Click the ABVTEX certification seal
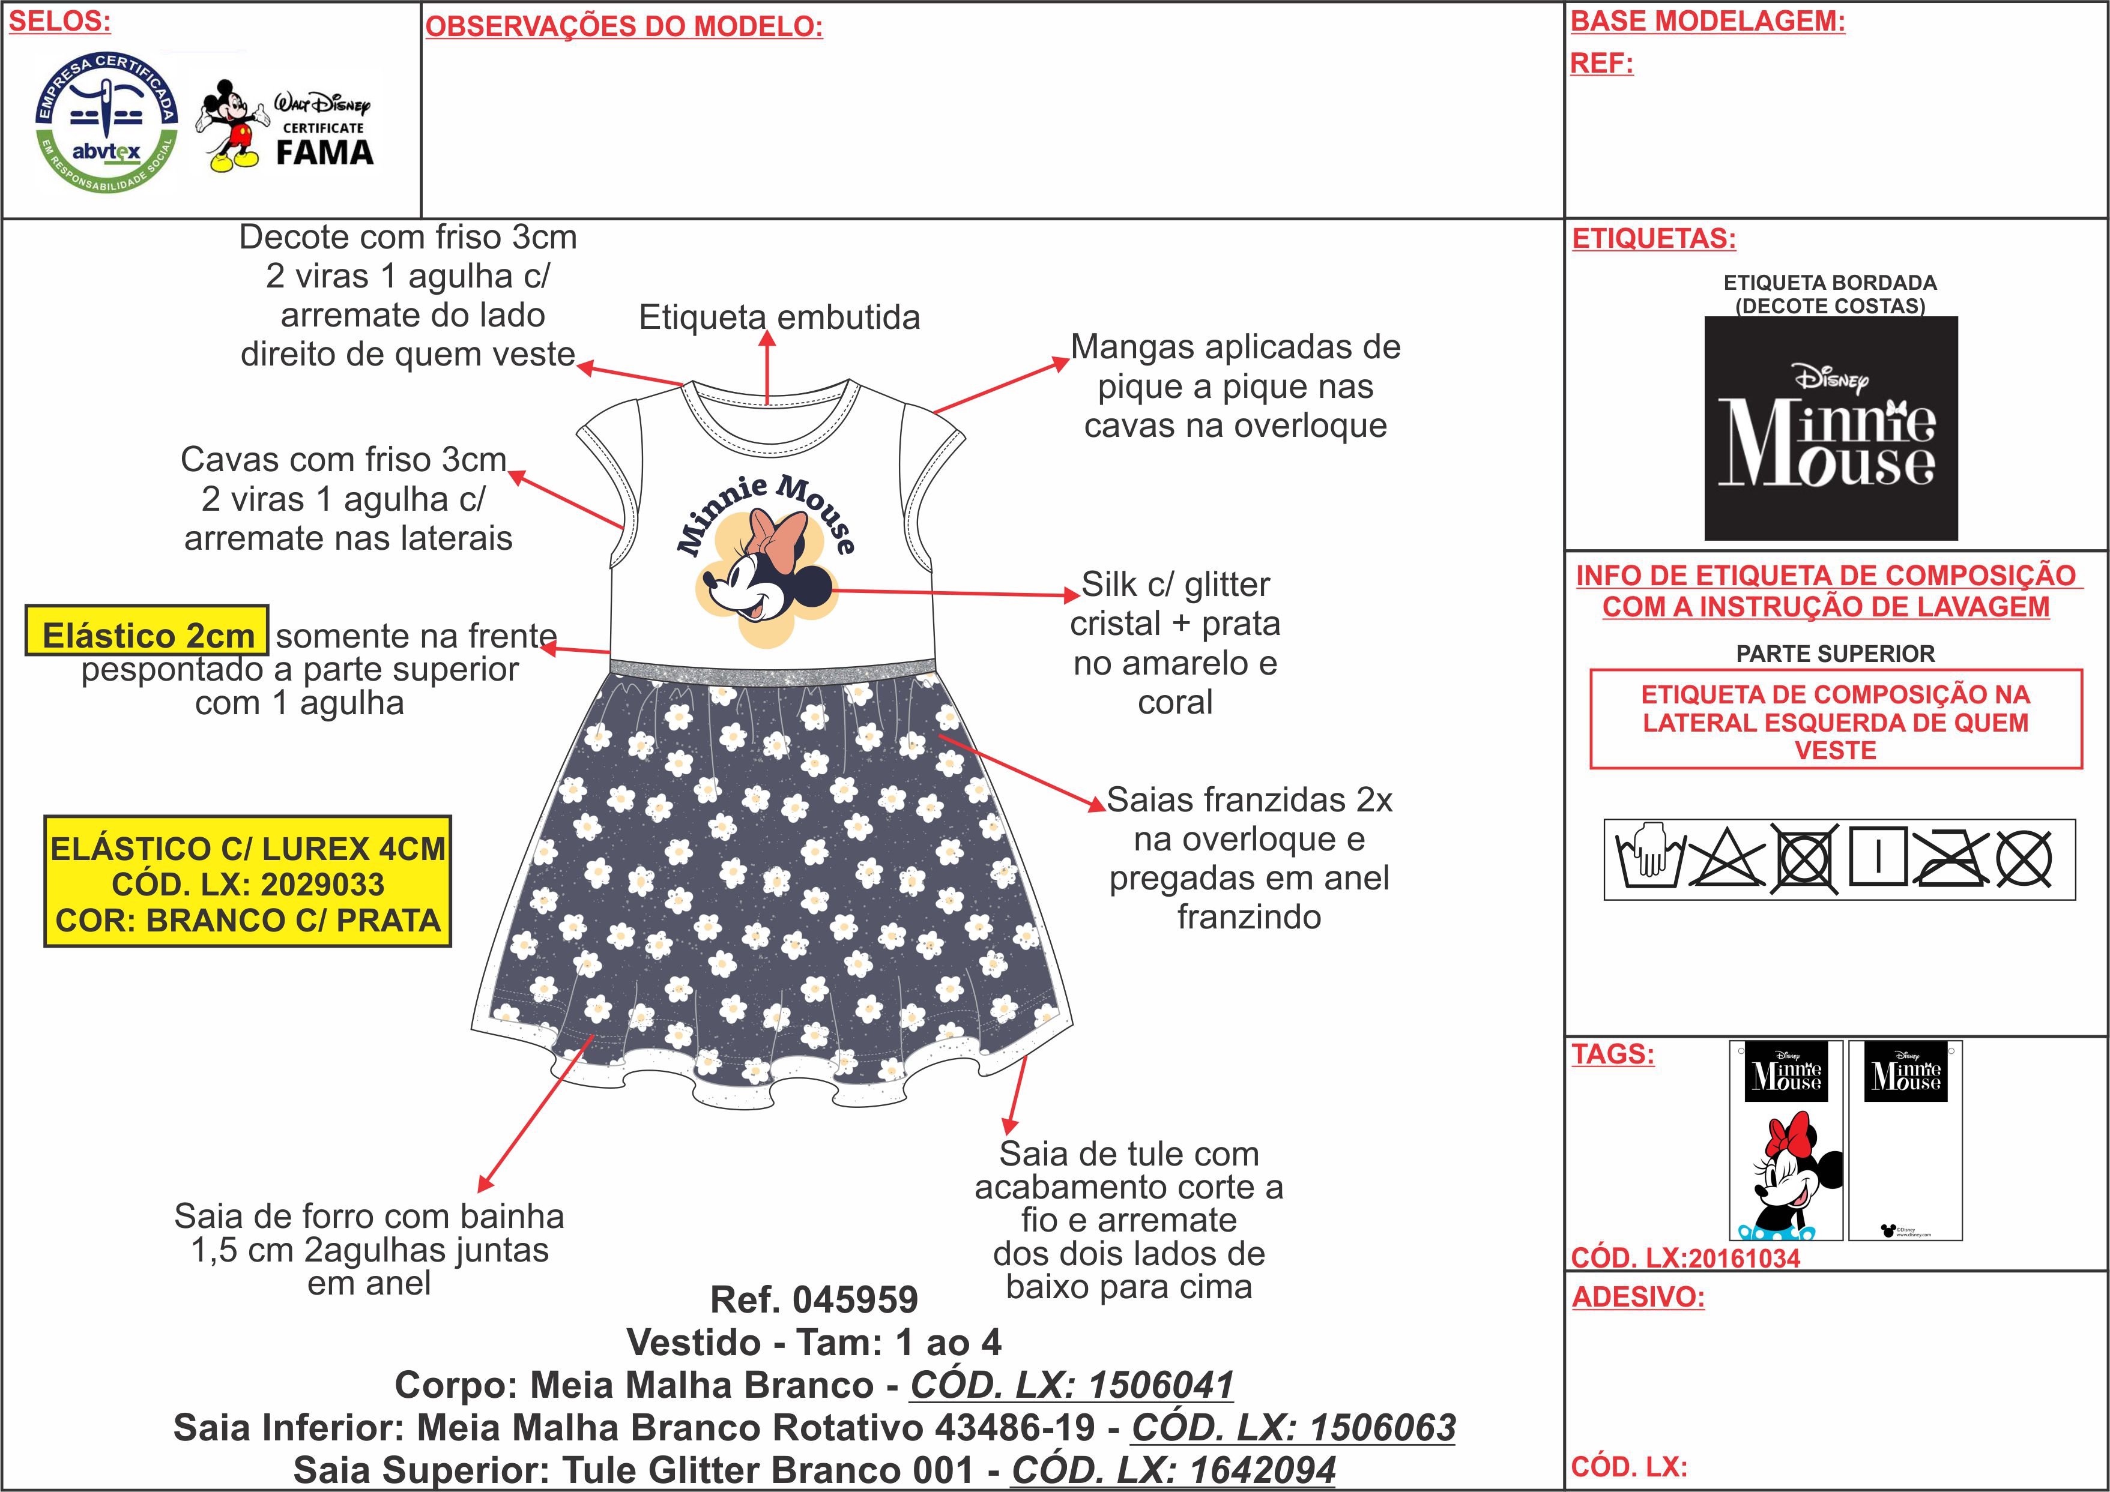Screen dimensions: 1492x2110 106,122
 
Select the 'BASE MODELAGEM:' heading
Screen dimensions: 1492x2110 1708,21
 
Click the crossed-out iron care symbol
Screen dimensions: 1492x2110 1950,859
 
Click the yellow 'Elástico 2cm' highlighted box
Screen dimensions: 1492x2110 147,634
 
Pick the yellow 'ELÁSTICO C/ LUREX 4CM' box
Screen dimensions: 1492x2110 247,883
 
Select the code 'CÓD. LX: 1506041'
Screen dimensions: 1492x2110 1072,1385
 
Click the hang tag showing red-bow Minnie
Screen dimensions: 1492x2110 1786,1140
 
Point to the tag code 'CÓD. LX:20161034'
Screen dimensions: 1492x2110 1684,1258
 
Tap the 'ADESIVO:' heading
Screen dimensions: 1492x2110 1637,1297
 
